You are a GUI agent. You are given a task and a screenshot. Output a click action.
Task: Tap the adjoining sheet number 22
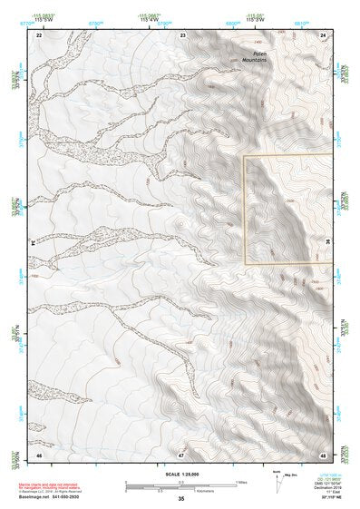coord(39,34)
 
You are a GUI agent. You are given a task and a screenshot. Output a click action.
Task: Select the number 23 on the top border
coord(183,34)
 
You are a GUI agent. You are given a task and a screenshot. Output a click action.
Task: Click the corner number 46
coord(39,453)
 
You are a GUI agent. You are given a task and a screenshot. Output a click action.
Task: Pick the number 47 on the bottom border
coord(181,453)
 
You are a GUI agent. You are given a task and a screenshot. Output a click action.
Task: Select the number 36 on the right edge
coord(327,241)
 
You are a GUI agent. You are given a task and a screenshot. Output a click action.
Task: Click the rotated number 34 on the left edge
coord(33,243)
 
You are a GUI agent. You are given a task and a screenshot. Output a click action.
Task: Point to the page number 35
coord(180,499)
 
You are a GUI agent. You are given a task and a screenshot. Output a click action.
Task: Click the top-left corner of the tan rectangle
coord(244,155)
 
